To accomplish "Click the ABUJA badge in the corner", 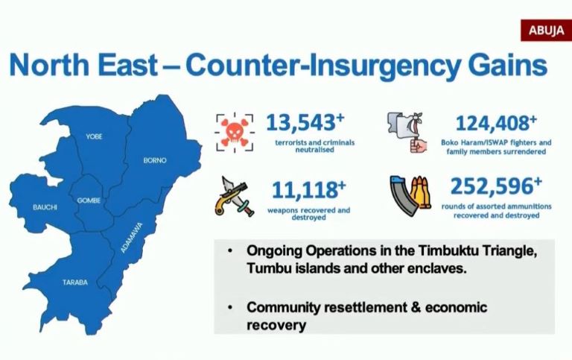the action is click(x=546, y=31).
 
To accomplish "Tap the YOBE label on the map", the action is click(x=94, y=136).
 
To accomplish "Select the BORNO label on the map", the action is click(x=155, y=160).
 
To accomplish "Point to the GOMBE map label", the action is click(x=89, y=200).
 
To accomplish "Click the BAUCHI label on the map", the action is click(x=45, y=207).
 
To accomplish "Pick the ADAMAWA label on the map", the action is click(x=132, y=238).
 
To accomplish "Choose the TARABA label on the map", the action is click(x=75, y=282).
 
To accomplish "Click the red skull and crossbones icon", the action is click(x=234, y=133).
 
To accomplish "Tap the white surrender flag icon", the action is click(x=407, y=132).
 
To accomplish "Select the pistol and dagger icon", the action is click(x=234, y=197).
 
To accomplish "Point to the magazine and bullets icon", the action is click(x=410, y=196).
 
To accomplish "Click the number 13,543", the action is click(x=301, y=123).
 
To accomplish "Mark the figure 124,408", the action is click(x=492, y=124).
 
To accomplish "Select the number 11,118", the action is click(x=304, y=190).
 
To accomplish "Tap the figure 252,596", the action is click(x=492, y=186).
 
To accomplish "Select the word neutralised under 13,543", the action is click(x=314, y=150).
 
